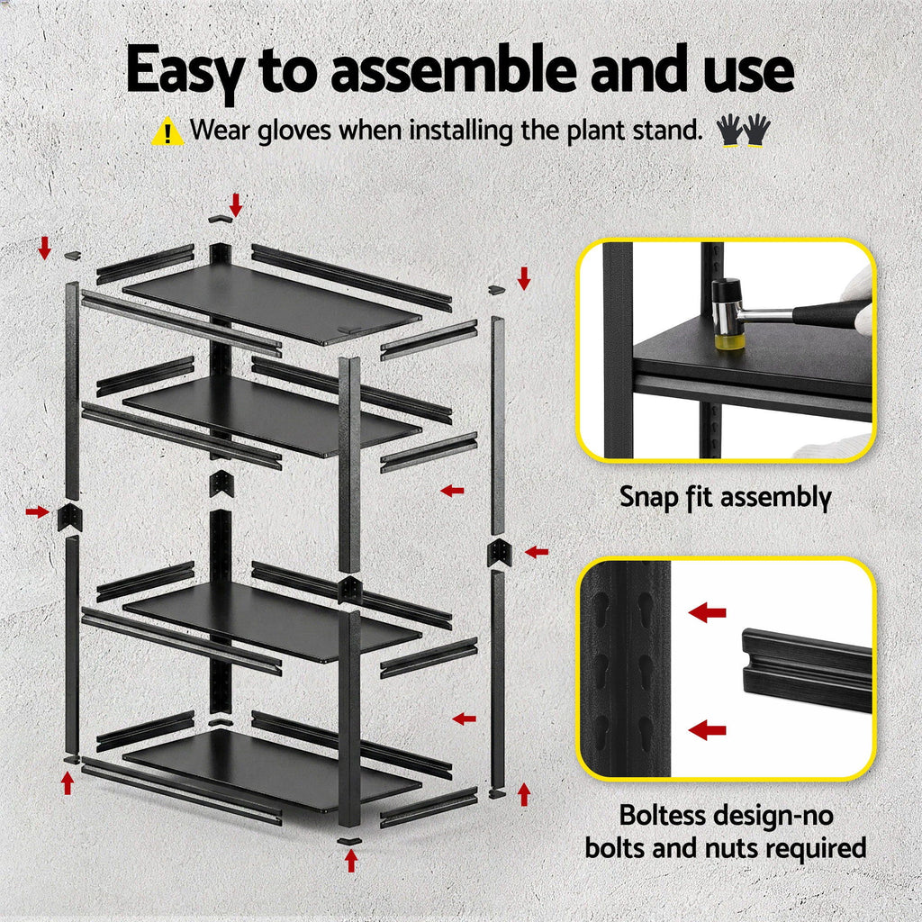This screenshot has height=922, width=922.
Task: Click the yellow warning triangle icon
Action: (x=167, y=131)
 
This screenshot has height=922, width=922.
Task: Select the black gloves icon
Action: (x=743, y=131)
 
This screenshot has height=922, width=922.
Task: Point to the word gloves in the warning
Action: (x=296, y=131)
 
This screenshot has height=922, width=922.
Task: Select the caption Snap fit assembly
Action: (x=725, y=496)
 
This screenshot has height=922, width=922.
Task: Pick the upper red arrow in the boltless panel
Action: (x=708, y=614)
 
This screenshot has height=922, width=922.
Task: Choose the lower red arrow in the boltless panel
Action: (x=708, y=729)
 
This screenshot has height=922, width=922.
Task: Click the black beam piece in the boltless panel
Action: (x=806, y=668)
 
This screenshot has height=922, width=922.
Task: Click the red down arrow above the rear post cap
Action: (x=236, y=203)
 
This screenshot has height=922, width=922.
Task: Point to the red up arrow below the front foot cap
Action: (x=351, y=861)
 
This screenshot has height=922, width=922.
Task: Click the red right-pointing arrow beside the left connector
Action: (x=37, y=511)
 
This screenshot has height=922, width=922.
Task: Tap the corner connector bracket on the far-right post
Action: (x=499, y=552)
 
